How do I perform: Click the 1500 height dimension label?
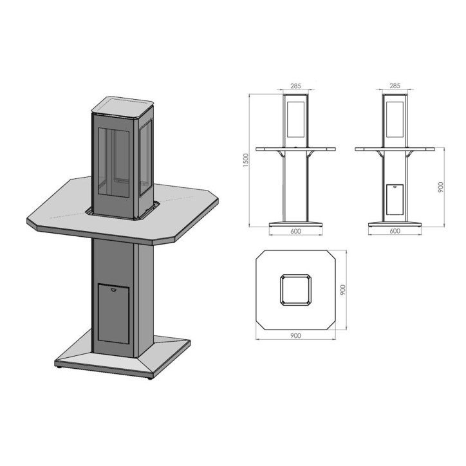(x=245, y=161)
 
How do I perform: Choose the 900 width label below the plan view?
(x=295, y=336)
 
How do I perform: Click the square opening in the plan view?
(x=295, y=290)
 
